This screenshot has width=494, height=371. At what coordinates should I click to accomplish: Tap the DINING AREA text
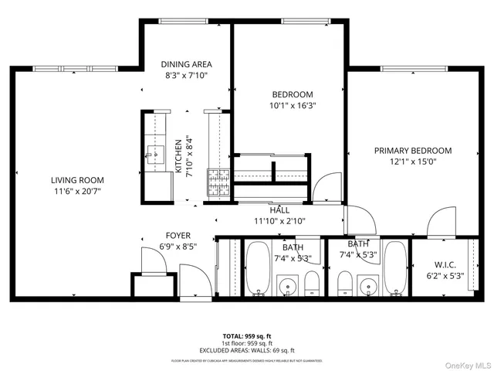pos(186,64)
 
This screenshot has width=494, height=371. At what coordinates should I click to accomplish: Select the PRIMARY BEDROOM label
pos(413,151)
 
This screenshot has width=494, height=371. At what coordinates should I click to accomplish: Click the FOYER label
pos(178,236)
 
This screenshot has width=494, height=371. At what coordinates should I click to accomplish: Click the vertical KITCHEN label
pos(178,157)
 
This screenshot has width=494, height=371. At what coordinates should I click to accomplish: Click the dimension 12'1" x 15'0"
pos(413,162)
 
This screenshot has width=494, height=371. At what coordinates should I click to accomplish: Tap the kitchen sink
pos(155,155)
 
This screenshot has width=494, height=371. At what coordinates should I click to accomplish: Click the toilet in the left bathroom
pos(312,283)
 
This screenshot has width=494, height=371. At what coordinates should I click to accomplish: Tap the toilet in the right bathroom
pos(345,283)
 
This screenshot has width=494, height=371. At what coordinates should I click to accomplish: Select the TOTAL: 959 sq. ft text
pos(246,336)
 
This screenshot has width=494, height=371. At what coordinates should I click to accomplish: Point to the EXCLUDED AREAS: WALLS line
pos(246,350)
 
